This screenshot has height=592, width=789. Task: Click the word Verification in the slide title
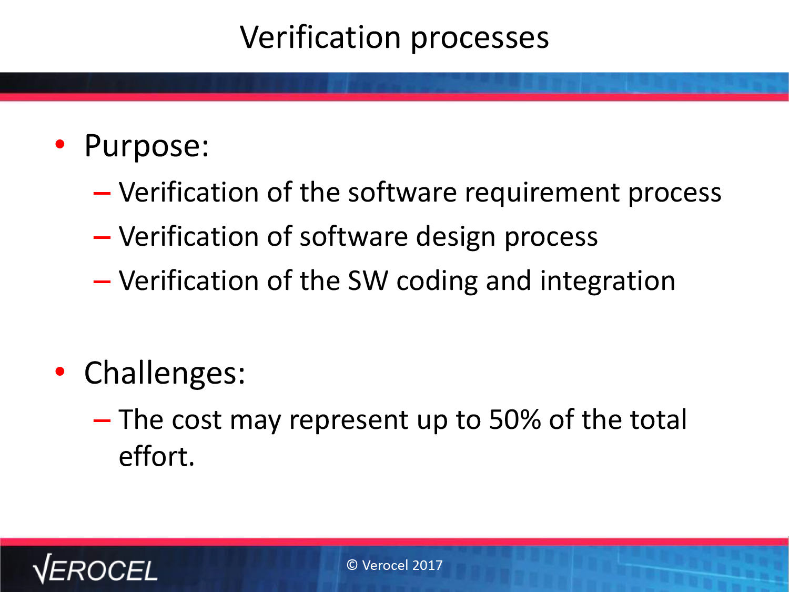click(320, 37)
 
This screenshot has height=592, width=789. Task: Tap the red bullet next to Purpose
click(60, 145)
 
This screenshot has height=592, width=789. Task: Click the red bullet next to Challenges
click(60, 372)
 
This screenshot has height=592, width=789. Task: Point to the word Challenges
click(165, 374)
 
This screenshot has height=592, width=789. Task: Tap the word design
click(456, 238)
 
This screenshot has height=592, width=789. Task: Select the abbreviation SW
click(368, 280)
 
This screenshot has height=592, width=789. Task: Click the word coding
click(437, 282)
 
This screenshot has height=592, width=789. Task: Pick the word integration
click(608, 282)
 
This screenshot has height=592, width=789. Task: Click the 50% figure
click(515, 419)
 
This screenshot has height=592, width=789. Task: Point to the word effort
click(157, 456)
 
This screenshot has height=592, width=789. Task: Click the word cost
click(197, 420)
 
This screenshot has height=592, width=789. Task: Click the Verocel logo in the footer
click(95, 569)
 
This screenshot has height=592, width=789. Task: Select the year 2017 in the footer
click(428, 565)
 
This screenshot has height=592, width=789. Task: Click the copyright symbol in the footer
click(352, 565)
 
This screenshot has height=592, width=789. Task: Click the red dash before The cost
click(102, 420)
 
